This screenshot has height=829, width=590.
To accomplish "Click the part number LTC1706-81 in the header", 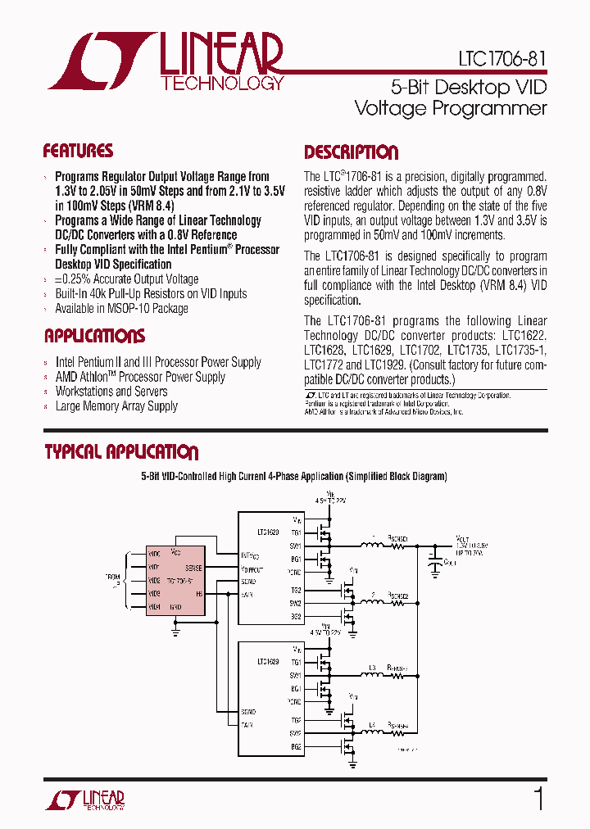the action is [x=501, y=60].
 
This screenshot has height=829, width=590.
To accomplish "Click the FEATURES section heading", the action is [x=78, y=152].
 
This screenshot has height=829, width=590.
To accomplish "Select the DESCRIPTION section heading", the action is [x=351, y=152].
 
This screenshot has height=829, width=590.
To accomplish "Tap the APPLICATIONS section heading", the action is [x=94, y=336].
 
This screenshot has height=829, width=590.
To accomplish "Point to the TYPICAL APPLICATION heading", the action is [x=120, y=452].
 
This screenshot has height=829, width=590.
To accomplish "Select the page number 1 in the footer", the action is [x=538, y=798].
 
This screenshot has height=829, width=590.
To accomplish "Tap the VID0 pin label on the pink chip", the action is [x=153, y=554].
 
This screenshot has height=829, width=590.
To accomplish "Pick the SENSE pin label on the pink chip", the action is [x=193, y=567].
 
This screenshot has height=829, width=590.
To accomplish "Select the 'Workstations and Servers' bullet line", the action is [x=111, y=392].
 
